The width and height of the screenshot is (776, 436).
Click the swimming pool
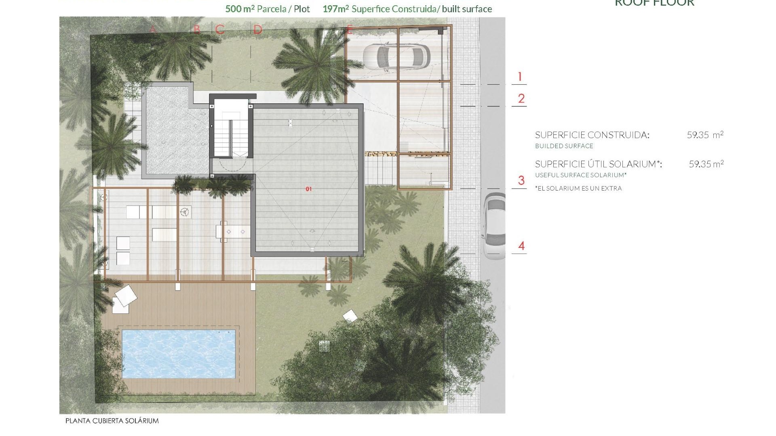pos(178,354)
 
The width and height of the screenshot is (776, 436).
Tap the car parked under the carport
pos(396,56)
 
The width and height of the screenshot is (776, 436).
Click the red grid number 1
pos(520,76)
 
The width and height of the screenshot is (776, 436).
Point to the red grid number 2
pos(521,99)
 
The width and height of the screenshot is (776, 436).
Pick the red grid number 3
pos(521,180)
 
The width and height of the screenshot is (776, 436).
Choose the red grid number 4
pos(521,246)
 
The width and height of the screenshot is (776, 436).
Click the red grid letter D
pos(258,29)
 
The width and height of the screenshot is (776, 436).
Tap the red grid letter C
pos(220,29)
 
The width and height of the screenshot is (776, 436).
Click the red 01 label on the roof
pos(309,189)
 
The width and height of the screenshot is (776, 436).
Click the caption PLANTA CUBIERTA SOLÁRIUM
pos(112,421)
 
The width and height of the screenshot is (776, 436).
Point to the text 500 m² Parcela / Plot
pos(267,9)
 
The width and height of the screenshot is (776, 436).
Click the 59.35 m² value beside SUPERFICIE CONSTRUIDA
pos(705,135)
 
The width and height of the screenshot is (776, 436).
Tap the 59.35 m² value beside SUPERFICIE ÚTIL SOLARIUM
pos(706,164)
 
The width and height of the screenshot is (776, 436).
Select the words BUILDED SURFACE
pos(564,146)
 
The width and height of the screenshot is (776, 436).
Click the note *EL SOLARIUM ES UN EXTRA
pos(578,188)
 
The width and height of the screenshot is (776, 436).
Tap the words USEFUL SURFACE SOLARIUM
pos(581,175)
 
